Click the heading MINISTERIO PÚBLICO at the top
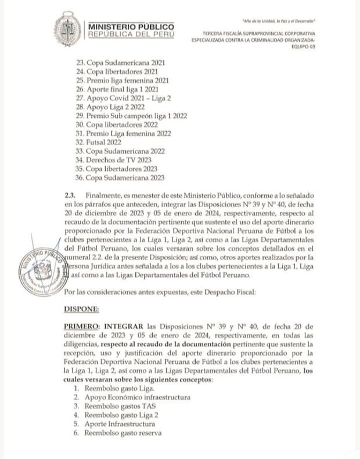click(x=131, y=27)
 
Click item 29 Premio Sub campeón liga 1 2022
click(x=132, y=115)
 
